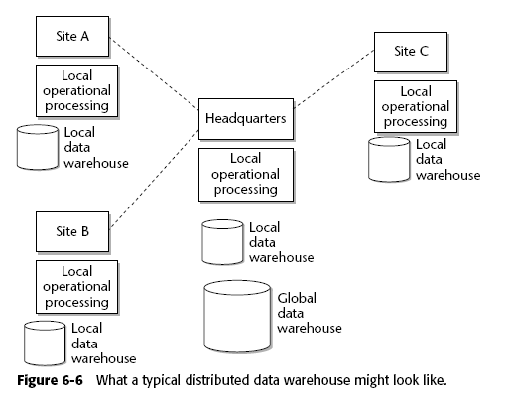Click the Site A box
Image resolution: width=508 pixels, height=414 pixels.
click(72, 36)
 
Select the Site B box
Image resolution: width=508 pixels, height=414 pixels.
click(72, 231)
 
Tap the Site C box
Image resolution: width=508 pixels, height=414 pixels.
click(411, 52)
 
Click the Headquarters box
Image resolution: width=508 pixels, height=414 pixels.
click(246, 119)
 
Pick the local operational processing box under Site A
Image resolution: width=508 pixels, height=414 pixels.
click(76, 90)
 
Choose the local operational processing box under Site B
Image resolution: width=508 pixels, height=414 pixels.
click(76, 287)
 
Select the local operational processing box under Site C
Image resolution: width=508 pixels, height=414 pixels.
click(416, 106)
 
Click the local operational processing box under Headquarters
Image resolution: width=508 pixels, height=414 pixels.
click(246, 175)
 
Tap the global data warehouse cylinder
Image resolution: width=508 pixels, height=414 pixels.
click(237, 317)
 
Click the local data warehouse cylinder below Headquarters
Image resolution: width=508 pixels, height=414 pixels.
click(222, 242)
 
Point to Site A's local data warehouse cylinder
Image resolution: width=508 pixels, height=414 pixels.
click(38, 147)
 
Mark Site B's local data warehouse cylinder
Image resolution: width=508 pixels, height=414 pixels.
click(45, 344)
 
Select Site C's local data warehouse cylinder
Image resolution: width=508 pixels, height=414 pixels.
click(389, 160)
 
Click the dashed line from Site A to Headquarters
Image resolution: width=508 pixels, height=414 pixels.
click(154, 73)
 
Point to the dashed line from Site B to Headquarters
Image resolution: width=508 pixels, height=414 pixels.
click(154, 179)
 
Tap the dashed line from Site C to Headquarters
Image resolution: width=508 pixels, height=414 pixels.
click(334, 78)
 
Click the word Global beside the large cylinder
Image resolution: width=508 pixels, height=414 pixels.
click(297, 298)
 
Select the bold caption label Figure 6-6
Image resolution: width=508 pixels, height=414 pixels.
click(50, 380)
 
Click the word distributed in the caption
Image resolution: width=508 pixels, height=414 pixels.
click(217, 380)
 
